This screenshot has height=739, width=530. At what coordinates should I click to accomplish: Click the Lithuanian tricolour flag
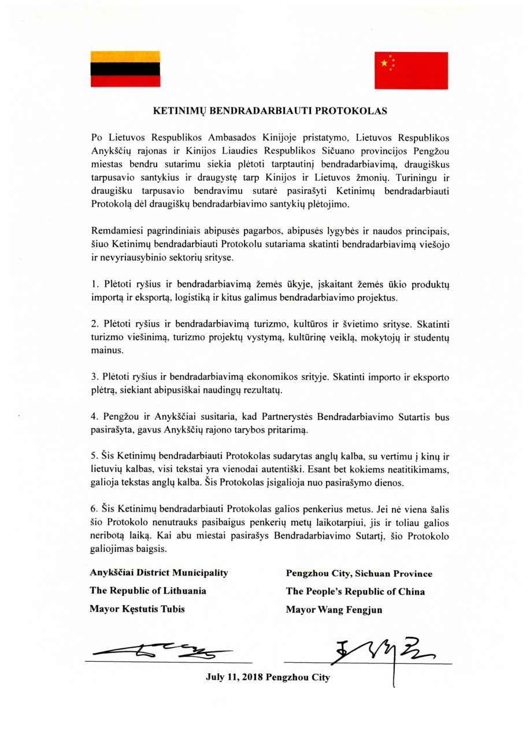click(125, 69)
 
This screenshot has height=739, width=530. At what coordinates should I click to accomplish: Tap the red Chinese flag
click(411, 70)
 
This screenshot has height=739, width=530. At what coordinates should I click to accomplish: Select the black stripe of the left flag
click(125, 69)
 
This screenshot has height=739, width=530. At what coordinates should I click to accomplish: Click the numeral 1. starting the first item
click(94, 286)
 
